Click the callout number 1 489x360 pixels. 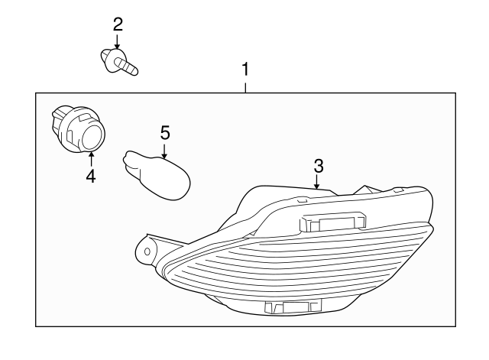[246, 70]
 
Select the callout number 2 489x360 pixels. [118, 24]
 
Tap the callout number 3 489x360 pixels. [319, 166]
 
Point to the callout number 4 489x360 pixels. [90, 177]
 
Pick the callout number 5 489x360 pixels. [165, 132]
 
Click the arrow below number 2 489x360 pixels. [117, 41]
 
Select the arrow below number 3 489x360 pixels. [317, 182]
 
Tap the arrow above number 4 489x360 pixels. [91, 158]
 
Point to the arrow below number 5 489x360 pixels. [164, 151]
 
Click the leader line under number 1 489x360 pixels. [246, 88]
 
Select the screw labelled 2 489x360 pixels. [119, 62]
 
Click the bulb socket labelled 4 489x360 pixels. [78, 130]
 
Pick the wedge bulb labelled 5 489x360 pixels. [157, 175]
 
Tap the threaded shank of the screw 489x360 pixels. [126, 66]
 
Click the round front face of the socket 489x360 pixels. [93, 138]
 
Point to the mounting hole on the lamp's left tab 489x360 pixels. [147, 251]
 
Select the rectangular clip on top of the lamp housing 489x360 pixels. [332, 222]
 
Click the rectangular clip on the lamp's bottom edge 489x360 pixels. [293, 306]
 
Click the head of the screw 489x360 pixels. [110, 60]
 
